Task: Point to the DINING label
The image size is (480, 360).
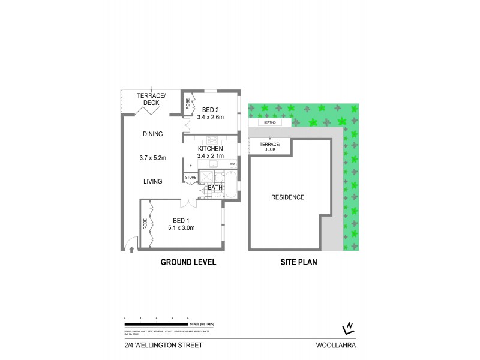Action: click(153, 134)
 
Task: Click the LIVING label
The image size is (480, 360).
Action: click(153, 181)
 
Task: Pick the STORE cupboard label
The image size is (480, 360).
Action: click(191, 178)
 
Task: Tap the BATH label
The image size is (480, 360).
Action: click(215, 188)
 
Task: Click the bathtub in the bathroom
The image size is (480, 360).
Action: click(230, 181)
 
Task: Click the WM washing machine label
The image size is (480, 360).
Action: click(232, 164)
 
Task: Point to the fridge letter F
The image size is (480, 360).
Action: click(190, 164)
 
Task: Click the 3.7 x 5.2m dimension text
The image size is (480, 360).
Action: click(151, 158)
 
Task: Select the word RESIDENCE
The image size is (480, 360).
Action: click(288, 197)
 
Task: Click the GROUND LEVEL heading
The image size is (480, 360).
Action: click(188, 263)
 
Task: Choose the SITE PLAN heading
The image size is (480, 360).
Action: click(299, 263)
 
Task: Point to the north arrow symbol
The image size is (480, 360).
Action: click(347, 326)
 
